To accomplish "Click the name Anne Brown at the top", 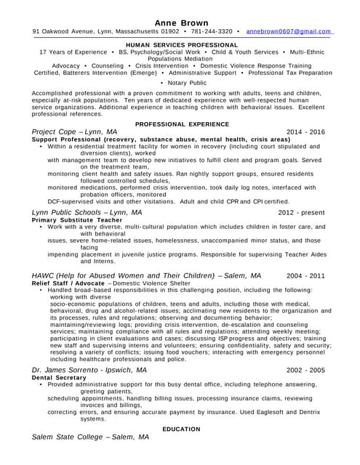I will [x=181, y=22].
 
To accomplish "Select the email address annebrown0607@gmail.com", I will [x=289, y=32].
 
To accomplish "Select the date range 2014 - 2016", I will [x=306, y=132].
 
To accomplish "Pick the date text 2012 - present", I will [x=301, y=212].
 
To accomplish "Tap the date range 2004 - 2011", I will [x=306, y=276].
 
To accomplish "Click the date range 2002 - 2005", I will [x=306, y=370].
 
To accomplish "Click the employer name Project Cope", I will [x=53, y=132].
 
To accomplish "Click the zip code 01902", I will [x=170, y=32].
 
